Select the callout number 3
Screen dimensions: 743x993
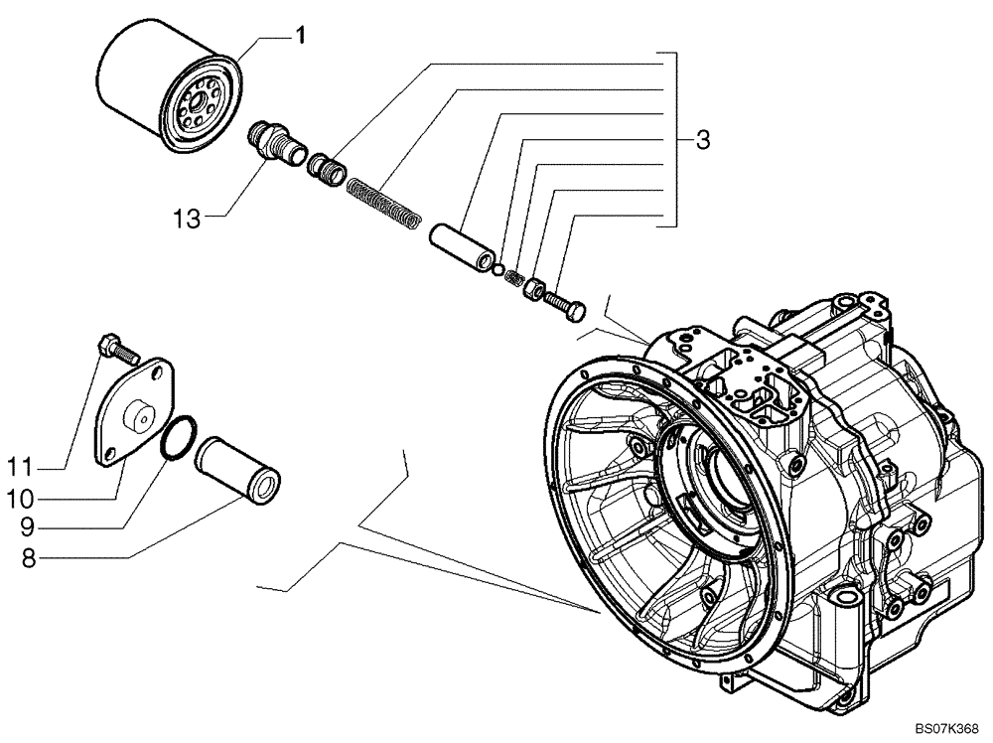click(x=702, y=141)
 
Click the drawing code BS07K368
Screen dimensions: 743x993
click(x=946, y=726)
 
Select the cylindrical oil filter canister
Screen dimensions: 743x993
click(x=159, y=89)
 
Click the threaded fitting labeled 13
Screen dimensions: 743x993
click(x=275, y=146)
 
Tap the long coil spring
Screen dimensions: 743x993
click(x=385, y=203)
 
